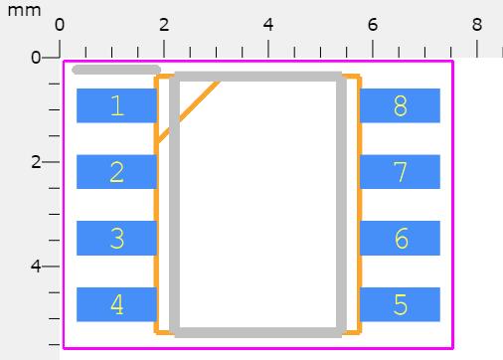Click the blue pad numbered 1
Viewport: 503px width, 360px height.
click(116, 105)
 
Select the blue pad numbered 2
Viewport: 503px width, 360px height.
click(116, 172)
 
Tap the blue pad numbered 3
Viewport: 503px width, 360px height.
click(116, 239)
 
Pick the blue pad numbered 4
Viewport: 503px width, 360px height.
click(116, 304)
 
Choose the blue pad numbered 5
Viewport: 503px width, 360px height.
click(400, 304)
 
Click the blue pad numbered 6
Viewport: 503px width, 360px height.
click(400, 239)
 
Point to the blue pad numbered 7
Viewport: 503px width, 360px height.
click(400, 172)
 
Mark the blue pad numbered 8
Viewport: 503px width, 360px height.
click(400, 105)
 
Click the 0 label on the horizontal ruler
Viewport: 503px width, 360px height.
click(60, 24)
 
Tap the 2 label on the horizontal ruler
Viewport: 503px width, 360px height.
click(164, 24)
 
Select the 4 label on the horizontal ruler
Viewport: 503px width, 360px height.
click(268, 24)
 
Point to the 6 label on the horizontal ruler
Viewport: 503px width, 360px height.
click(373, 24)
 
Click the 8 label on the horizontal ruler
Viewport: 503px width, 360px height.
click(477, 24)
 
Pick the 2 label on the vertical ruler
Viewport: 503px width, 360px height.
click(36, 162)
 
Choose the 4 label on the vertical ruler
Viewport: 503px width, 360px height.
click(36, 267)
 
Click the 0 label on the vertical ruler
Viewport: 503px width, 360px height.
click(36, 58)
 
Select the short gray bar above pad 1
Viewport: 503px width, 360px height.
click(116, 70)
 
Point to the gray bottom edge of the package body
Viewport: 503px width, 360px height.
click(258, 331)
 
